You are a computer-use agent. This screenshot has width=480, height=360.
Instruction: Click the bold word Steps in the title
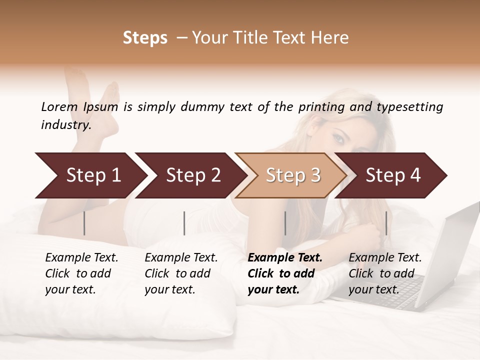(145, 38)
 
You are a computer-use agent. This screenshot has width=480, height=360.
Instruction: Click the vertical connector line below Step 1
(84, 223)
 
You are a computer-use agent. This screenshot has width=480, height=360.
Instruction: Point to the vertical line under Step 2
(184, 223)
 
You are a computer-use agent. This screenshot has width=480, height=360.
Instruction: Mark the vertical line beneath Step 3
(285, 223)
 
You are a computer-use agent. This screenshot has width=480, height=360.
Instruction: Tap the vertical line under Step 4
(386, 223)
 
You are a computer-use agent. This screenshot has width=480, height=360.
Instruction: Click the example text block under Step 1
(81, 273)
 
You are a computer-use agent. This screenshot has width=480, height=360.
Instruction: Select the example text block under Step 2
(181, 273)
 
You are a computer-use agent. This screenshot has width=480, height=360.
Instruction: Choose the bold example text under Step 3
(285, 273)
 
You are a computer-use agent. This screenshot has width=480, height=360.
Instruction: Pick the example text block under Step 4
(385, 273)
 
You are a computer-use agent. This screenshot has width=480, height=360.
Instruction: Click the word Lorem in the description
(59, 106)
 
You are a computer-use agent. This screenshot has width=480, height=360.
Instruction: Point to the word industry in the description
(66, 125)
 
